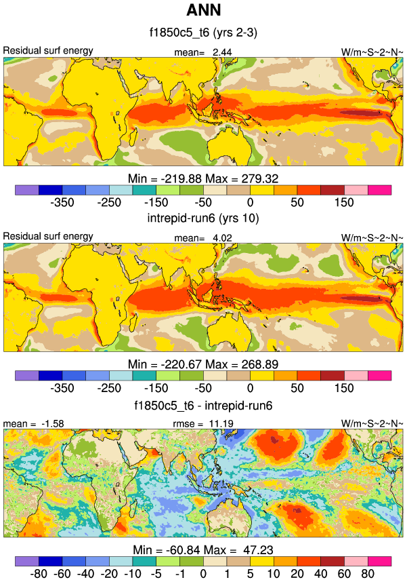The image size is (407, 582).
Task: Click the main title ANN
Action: (203, 11)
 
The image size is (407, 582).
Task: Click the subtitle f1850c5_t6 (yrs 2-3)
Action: (203, 33)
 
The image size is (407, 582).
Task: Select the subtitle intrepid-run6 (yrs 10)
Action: (203, 218)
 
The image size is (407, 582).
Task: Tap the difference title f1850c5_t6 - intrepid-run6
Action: (203, 405)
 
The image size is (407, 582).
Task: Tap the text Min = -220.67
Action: (164, 364)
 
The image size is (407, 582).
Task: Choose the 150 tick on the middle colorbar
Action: (344, 388)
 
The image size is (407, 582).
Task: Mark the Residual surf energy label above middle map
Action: (48, 236)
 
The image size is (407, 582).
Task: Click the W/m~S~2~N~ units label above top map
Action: (372, 52)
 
